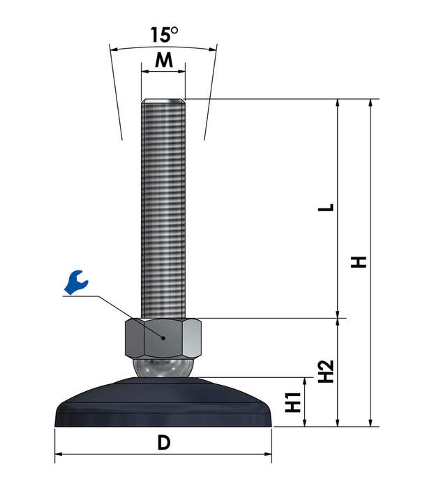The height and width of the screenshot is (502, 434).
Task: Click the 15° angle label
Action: [164, 35]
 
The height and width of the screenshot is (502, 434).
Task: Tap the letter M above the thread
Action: [164, 60]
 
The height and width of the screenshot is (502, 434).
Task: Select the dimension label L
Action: [326, 208]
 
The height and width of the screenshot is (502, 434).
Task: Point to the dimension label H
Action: [359, 262]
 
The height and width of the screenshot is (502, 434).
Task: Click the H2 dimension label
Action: [326, 372]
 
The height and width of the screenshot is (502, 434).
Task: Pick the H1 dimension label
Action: [293, 402]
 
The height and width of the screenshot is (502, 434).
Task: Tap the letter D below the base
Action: [164, 443]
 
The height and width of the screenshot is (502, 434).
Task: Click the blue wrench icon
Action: [76, 282]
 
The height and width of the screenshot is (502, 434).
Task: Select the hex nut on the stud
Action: [163, 338]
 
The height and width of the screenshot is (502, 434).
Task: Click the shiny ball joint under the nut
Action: [163, 367]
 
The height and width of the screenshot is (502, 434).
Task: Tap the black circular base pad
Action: [163, 402]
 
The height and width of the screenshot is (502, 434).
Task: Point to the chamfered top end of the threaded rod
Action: [163, 101]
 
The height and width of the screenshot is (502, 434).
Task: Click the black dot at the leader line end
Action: [163, 338]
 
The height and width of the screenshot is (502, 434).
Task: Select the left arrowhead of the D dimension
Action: [59, 454]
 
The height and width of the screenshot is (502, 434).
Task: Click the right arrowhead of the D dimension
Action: [268, 454]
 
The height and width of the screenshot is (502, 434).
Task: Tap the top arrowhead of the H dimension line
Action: [371, 103]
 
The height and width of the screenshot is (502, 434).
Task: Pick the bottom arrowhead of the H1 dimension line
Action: [305, 423]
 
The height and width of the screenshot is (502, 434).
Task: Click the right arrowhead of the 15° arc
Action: [214, 50]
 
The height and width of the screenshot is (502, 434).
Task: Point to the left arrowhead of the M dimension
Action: [145, 71]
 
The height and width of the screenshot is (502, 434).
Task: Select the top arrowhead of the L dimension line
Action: [337, 103]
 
